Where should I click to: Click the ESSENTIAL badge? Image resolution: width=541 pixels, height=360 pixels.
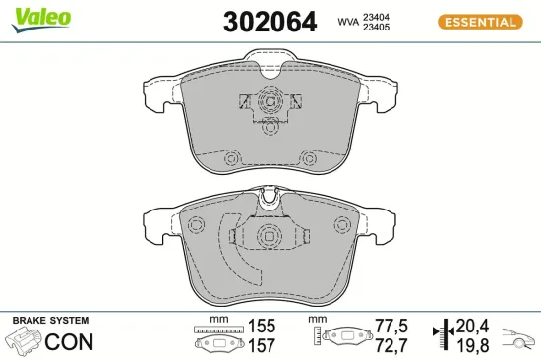click(479, 21)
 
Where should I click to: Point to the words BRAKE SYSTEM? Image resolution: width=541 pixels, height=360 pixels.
click(50, 321)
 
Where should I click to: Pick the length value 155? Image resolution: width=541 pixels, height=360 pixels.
click(263, 325)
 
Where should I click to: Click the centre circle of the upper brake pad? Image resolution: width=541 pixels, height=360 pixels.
click(269, 102)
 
